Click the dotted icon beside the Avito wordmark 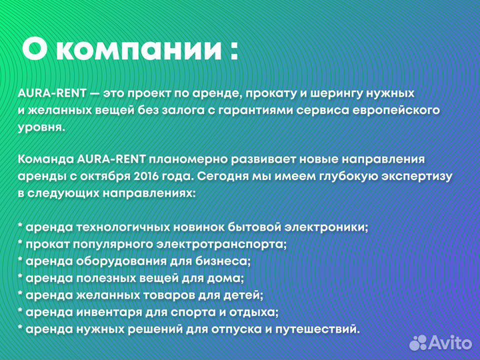[x=417, y=342]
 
